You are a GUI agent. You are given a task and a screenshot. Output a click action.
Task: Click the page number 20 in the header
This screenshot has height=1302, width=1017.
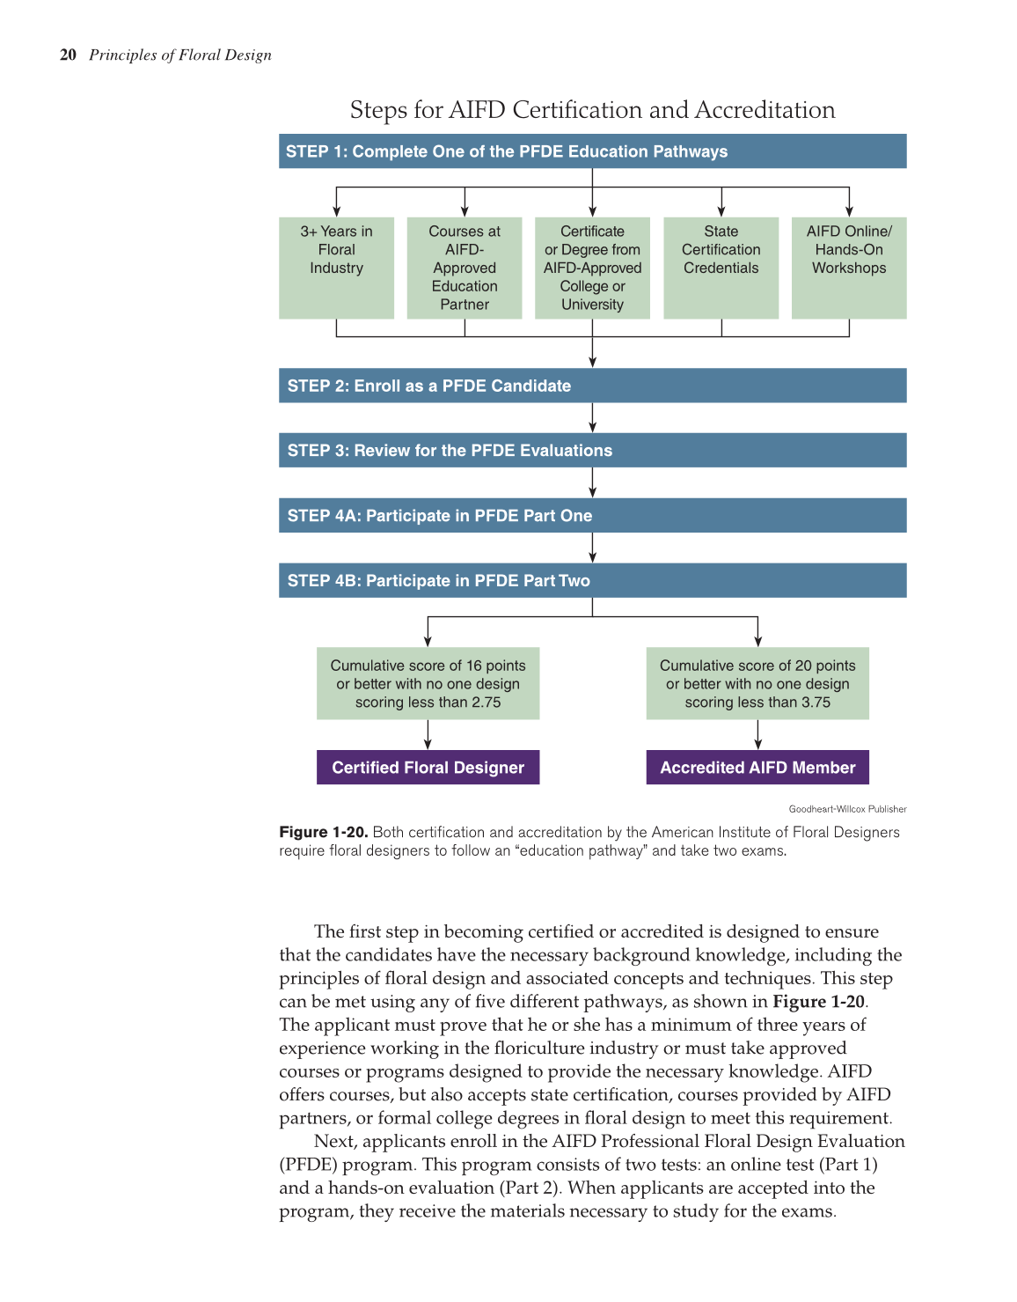(68, 55)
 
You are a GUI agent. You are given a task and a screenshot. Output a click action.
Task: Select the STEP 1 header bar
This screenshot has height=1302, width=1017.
(592, 151)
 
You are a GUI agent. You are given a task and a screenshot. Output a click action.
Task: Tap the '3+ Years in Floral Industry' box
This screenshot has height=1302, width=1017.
(336, 267)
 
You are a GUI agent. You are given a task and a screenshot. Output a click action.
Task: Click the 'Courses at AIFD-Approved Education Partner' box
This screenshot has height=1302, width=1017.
(465, 268)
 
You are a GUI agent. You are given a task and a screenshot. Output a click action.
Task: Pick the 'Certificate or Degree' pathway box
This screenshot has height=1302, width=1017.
(592, 268)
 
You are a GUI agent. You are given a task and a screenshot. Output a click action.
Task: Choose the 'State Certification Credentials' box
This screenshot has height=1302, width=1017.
(721, 267)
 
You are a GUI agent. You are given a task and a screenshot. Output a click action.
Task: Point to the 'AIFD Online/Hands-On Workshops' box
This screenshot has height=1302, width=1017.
(849, 267)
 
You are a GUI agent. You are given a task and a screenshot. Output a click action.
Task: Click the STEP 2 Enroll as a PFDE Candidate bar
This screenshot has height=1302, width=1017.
(592, 386)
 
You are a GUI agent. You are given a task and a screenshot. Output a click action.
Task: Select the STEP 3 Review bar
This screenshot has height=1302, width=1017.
(592, 450)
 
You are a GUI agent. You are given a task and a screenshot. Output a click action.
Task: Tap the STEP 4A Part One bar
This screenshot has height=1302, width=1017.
(592, 515)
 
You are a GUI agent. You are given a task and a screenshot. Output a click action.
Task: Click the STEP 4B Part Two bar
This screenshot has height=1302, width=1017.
(592, 580)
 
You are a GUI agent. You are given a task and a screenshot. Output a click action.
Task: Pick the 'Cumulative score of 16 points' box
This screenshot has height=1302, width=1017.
(428, 684)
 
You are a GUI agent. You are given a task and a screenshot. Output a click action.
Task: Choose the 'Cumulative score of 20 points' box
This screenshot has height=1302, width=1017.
(757, 684)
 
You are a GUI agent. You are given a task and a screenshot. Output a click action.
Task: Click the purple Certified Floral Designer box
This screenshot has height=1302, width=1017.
(428, 767)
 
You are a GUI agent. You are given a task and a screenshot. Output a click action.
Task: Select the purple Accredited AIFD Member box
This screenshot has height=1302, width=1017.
(757, 767)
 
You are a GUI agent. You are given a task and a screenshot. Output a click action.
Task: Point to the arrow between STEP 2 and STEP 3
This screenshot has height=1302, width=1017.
(592, 418)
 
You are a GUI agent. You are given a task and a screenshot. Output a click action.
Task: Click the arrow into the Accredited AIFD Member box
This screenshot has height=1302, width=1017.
(757, 735)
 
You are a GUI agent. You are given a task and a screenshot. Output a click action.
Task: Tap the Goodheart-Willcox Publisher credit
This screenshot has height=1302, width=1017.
(847, 809)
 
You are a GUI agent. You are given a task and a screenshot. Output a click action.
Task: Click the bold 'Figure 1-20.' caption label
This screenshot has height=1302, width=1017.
(323, 832)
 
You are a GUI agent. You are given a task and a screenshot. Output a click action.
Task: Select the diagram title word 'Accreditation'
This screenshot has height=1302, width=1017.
(765, 110)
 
